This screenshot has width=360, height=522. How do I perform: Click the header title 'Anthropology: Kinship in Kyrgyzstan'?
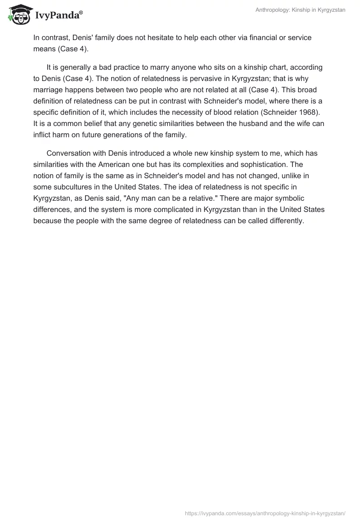[x=300, y=10]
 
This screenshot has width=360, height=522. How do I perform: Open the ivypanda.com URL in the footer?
[x=265, y=513]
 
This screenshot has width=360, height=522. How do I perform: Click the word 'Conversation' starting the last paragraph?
[x=68, y=153]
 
